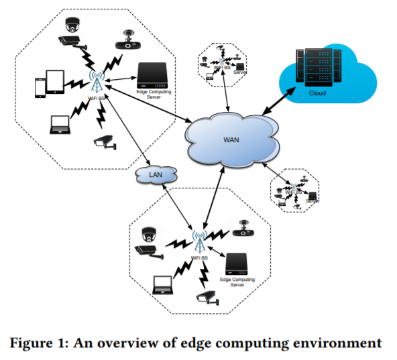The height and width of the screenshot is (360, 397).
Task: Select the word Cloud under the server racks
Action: pyautogui.click(x=318, y=94)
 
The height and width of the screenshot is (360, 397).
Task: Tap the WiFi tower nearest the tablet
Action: pyautogui.click(x=95, y=80)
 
